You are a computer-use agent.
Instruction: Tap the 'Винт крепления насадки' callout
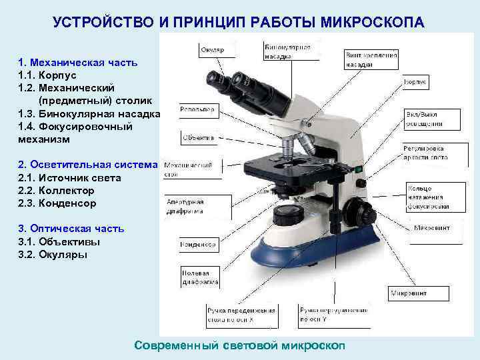[371, 60]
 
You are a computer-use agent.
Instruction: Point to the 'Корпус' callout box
[415, 82]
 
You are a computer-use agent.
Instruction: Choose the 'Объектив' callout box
[199, 138]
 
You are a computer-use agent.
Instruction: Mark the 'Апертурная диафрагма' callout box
[186, 207]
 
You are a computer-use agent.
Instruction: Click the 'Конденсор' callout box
[198, 245]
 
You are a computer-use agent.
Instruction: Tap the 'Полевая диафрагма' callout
[196, 277]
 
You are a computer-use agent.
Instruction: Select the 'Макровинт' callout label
[431, 227]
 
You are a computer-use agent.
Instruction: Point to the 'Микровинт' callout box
[409, 293]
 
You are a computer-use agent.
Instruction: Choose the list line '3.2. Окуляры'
[53, 254]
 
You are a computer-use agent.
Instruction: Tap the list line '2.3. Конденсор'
[57, 203]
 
